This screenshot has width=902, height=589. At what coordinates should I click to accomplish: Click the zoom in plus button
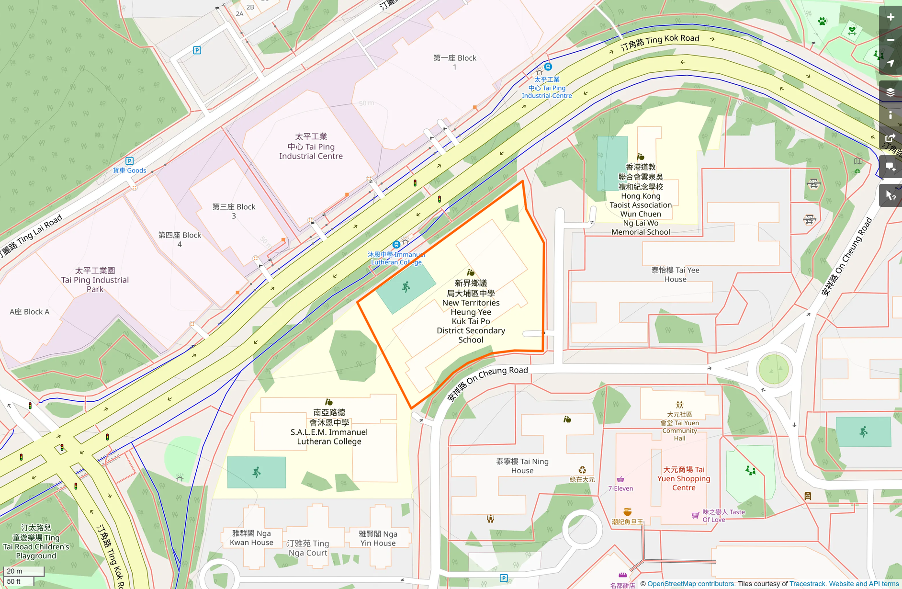pos(890,17)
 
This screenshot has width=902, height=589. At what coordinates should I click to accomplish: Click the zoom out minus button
pos(890,40)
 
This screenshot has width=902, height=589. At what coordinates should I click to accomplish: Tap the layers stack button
pos(890,92)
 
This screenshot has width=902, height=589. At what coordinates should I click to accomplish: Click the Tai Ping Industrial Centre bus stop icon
pos(548,67)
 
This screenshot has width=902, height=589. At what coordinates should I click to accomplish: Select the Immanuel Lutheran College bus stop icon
pos(396,245)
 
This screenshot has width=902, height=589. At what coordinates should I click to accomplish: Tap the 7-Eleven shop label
pos(620,488)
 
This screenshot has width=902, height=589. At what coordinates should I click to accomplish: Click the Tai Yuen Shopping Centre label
pos(684,478)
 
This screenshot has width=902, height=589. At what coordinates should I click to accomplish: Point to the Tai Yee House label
pos(675,274)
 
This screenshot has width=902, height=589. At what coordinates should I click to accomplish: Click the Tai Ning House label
pos(522,466)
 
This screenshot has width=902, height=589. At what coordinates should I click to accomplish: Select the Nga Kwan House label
pos(251,538)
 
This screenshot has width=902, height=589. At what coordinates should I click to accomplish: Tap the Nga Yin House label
pos(378,538)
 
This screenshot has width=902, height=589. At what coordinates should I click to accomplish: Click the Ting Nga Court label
pos(308,548)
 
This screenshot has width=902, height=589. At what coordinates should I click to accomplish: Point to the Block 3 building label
pos(234,211)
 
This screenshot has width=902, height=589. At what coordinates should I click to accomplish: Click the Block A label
pos(29,312)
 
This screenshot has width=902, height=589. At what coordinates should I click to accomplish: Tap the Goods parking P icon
pos(129,161)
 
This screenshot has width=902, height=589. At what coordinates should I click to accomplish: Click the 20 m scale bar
pos(23,571)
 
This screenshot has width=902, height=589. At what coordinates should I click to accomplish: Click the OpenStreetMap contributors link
pos(690,584)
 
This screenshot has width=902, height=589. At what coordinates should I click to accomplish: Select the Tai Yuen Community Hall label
pos(679,426)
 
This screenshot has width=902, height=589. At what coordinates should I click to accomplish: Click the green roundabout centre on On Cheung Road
pos(773,369)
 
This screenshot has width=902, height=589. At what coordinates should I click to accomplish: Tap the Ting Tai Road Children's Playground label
pos(36,542)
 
